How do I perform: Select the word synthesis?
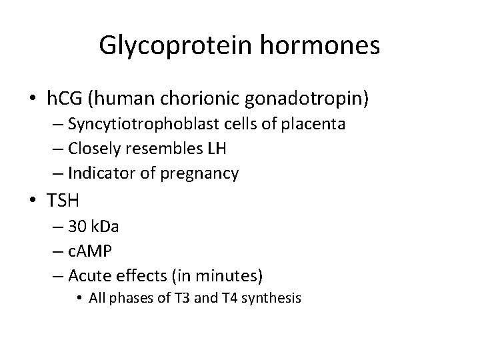point(278,297)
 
